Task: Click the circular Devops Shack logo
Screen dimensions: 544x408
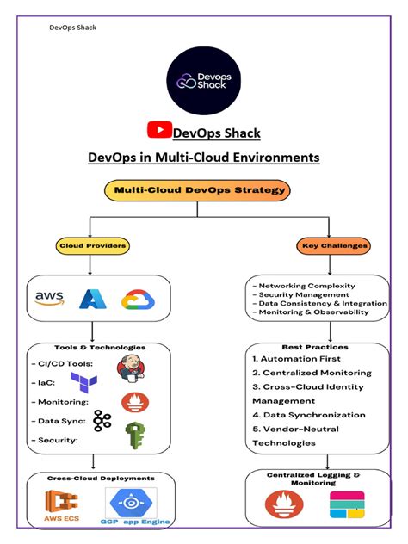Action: click(203, 80)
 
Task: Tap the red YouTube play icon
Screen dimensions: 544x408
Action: click(159, 130)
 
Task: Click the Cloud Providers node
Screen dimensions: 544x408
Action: click(93, 246)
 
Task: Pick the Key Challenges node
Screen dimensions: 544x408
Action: click(335, 246)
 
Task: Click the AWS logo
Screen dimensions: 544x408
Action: click(50, 297)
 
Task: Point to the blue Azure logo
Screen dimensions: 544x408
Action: click(92, 299)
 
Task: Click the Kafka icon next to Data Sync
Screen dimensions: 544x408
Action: click(103, 420)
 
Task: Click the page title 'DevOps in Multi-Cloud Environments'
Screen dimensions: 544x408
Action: click(204, 158)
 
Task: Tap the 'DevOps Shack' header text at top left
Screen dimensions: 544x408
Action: click(72, 28)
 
